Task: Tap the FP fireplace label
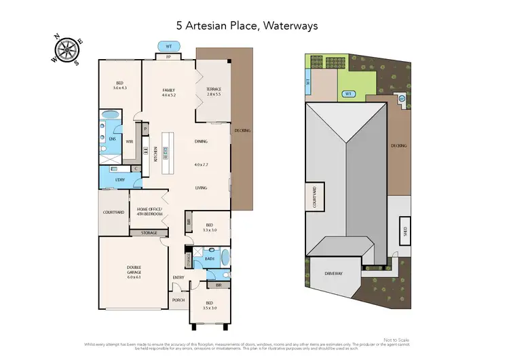coord(168,58)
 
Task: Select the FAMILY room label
coord(168,90)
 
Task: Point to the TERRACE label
coord(213,90)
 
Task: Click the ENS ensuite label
coord(113,139)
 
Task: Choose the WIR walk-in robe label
coord(129,142)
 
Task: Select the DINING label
coord(201,141)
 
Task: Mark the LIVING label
coord(201,187)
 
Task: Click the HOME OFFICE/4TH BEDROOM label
coord(150,211)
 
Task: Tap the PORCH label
coord(178,300)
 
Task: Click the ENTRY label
coord(178,277)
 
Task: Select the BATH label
coord(209,258)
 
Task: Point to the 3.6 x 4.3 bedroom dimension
coord(119,88)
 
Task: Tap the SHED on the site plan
coord(405,230)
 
